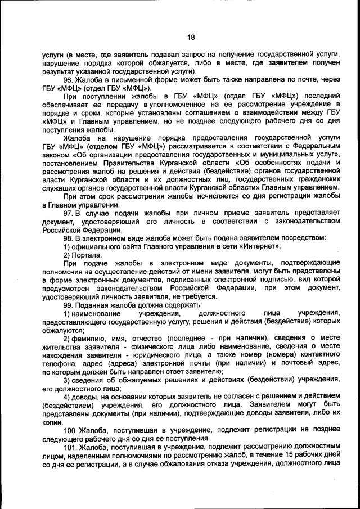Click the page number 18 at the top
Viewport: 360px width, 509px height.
tap(191, 37)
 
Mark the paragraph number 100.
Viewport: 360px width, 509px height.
tap(70, 430)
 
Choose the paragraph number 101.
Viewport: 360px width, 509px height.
tap(70, 447)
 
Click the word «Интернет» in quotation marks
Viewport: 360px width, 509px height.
tap(257, 246)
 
